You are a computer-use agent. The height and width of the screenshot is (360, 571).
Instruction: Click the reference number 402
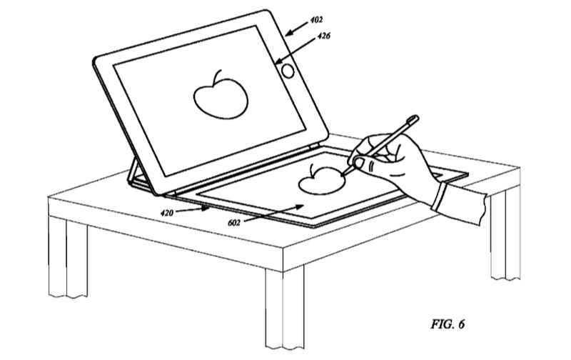click(316, 20)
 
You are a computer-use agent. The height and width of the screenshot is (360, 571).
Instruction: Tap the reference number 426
click(324, 36)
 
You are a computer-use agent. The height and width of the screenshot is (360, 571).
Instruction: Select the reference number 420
click(167, 212)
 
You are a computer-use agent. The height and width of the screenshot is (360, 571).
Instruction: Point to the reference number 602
click(234, 222)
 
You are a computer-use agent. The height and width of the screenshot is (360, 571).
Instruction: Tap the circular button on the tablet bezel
click(288, 71)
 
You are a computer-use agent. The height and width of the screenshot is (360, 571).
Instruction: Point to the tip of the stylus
click(343, 175)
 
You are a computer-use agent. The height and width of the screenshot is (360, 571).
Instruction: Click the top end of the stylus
click(415, 119)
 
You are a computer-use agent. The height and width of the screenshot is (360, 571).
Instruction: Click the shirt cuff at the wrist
click(440, 197)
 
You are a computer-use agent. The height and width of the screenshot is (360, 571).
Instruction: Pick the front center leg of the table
click(284, 309)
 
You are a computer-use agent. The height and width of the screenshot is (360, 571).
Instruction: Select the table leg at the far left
click(68, 258)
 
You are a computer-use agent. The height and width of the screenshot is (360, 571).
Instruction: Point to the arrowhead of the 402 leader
click(288, 34)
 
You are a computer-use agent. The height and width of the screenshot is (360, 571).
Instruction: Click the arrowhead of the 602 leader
click(300, 206)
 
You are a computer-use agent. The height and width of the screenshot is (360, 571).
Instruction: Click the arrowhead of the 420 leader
click(207, 209)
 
